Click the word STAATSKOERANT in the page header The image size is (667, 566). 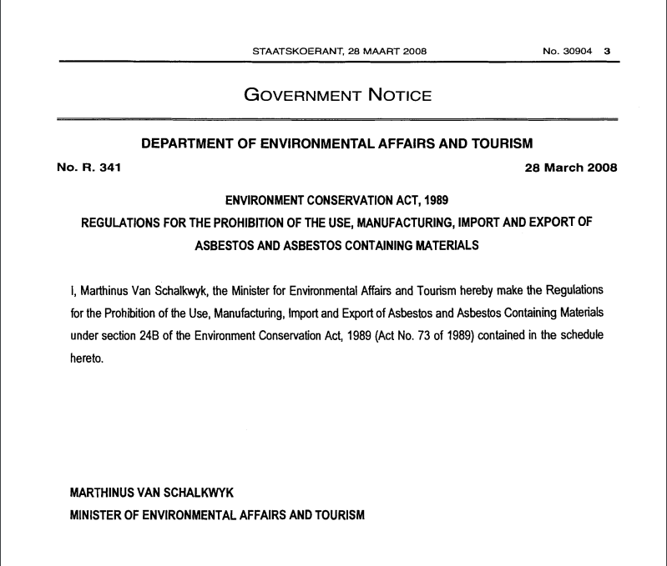point(289,51)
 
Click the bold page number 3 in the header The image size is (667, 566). point(608,51)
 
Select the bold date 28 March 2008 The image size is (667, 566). point(570,168)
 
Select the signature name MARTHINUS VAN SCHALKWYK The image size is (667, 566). point(151,493)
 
